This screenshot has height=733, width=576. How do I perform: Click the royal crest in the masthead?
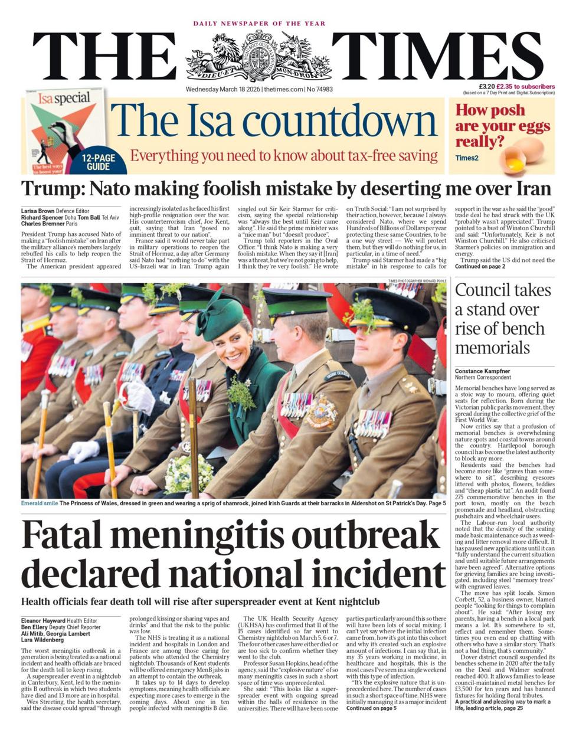[x=259, y=55]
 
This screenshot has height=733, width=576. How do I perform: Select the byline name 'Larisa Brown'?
[x=38, y=211]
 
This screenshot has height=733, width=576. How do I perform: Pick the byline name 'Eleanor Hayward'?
[x=43, y=621]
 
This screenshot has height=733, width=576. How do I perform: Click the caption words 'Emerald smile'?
[x=39, y=503]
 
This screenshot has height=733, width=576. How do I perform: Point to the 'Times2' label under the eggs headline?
[x=467, y=158]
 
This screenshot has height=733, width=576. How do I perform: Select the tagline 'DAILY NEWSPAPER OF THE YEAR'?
[x=259, y=24]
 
